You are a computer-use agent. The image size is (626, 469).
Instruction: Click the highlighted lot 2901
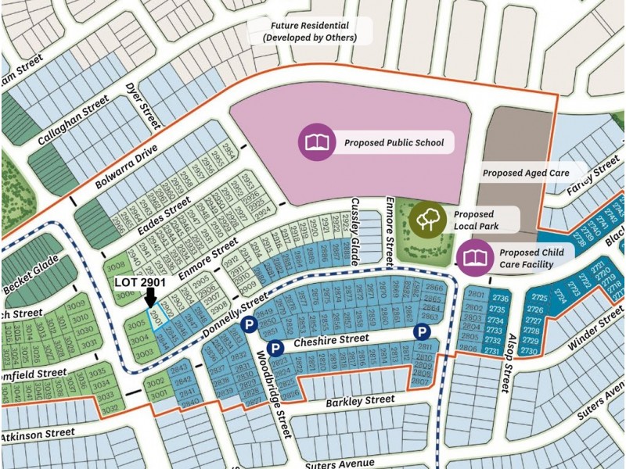coord(157,316)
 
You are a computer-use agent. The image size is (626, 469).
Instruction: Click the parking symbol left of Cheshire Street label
coord(275,348)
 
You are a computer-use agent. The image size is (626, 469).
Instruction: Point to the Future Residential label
coord(310,31)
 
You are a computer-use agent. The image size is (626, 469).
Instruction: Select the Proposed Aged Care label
coord(523,173)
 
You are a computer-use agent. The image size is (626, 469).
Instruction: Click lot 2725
coord(539,299)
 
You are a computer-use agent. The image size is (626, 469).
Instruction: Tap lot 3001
coord(155,394)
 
